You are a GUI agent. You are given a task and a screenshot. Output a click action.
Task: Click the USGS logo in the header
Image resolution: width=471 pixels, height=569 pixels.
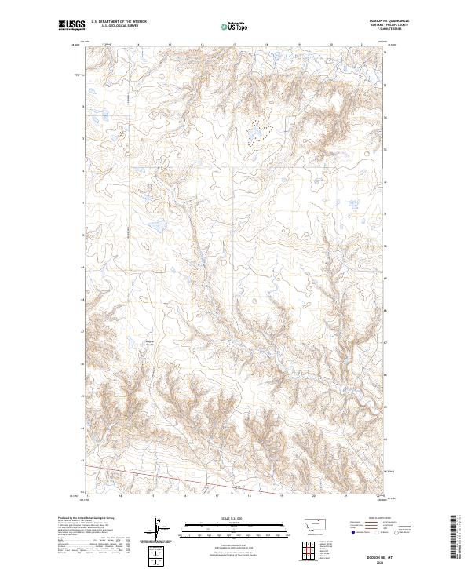click(x=72, y=26)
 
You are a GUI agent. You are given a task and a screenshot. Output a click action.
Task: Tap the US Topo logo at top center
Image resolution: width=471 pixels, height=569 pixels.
click(x=235, y=26)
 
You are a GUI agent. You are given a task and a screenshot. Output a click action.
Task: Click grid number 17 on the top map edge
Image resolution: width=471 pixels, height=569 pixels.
click(x=234, y=45)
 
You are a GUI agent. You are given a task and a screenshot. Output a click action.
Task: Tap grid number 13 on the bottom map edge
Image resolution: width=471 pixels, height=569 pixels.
click(x=88, y=496)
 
